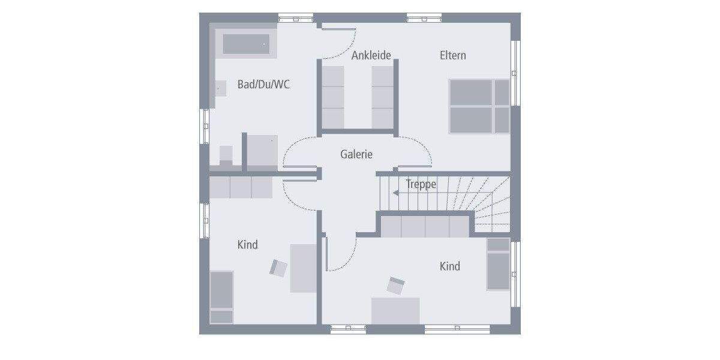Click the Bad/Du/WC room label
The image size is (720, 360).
[x=263, y=85]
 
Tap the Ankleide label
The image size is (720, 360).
[x=371, y=55]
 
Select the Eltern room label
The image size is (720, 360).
[x=452, y=55]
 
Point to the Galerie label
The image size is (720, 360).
[x=356, y=154]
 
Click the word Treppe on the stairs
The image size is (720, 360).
[x=421, y=184]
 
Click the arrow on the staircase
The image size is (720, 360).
[x=398, y=193]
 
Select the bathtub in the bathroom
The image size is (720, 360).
[x=247, y=44]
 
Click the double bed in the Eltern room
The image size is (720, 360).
[x=479, y=106]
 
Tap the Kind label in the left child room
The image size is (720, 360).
[x=248, y=245]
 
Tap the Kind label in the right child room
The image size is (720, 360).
[x=450, y=266]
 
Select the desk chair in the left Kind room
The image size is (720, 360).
[x=278, y=267]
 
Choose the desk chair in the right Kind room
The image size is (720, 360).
[x=395, y=286]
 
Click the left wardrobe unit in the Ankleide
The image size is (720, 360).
[x=333, y=97]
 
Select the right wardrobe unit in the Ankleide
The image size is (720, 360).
[x=382, y=97]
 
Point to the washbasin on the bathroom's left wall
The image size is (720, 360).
[x=220, y=89]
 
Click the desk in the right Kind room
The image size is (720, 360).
[x=395, y=310]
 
